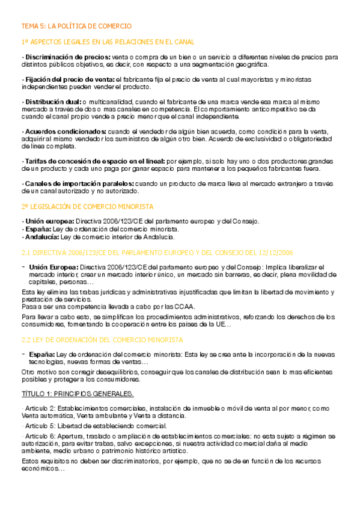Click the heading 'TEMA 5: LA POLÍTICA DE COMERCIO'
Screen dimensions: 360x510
(x=76, y=26)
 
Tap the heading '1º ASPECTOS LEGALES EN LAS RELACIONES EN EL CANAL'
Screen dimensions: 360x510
(x=108, y=41)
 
